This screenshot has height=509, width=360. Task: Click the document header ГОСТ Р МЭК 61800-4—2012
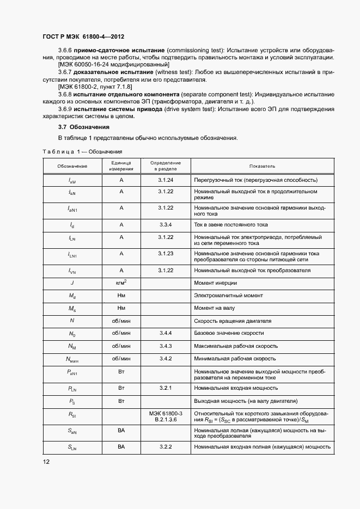83,37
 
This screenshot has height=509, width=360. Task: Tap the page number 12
46,462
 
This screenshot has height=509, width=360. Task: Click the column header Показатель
262,165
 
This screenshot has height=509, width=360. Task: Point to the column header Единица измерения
121,166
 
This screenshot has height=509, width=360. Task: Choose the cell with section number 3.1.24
165,180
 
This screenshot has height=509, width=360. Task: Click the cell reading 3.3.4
165,224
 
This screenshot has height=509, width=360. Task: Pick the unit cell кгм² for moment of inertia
121,283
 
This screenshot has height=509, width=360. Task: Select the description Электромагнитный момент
228,296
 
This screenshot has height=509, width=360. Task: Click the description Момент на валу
214,309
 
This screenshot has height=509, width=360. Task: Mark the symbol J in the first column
72,283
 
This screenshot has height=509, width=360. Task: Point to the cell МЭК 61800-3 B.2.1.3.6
165,417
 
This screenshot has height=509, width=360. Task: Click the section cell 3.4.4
165,333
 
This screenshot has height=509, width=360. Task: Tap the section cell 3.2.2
165,446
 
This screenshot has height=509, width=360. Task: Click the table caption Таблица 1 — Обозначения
82,151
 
